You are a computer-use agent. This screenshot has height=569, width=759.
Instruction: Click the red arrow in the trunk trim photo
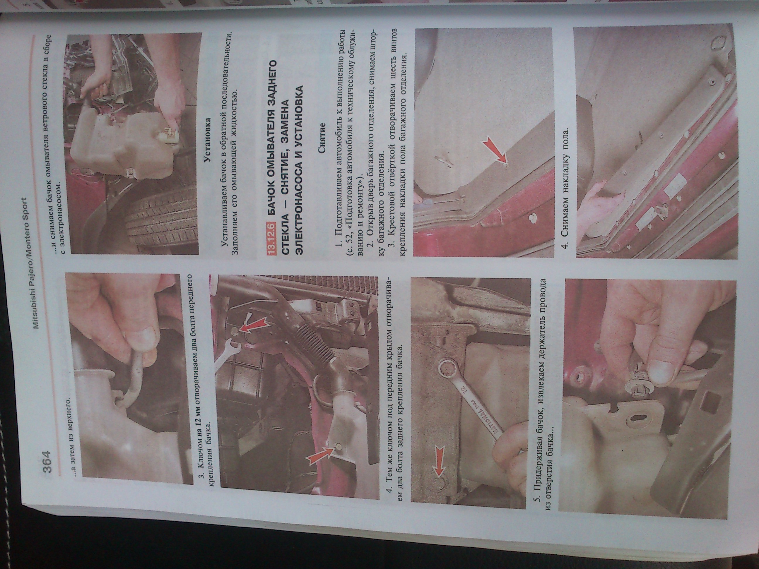coord(495,150)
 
